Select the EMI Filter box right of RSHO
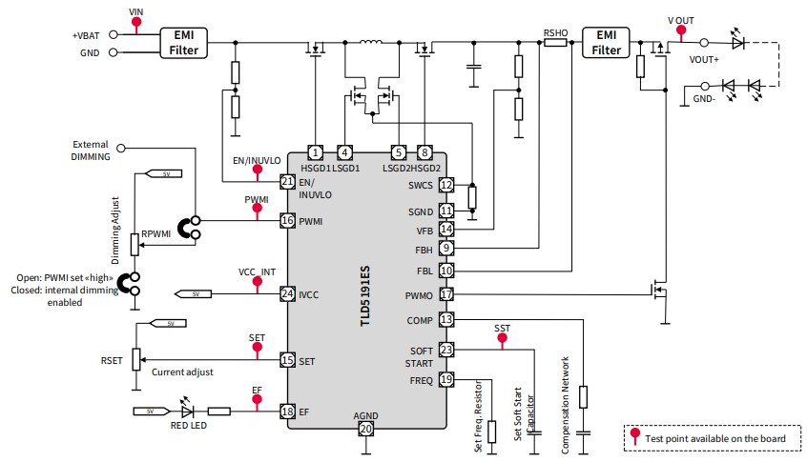(607, 42)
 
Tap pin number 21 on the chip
(287, 181)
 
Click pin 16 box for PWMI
(287, 221)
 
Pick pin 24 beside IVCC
(287, 293)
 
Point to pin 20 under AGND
(365, 430)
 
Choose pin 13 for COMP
(446, 319)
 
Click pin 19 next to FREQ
(446, 380)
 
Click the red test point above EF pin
(257, 400)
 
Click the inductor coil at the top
(371, 43)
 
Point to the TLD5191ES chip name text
(365, 296)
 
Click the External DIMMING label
(92, 150)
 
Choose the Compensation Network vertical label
(566, 405)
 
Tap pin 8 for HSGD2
(425, 152)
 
